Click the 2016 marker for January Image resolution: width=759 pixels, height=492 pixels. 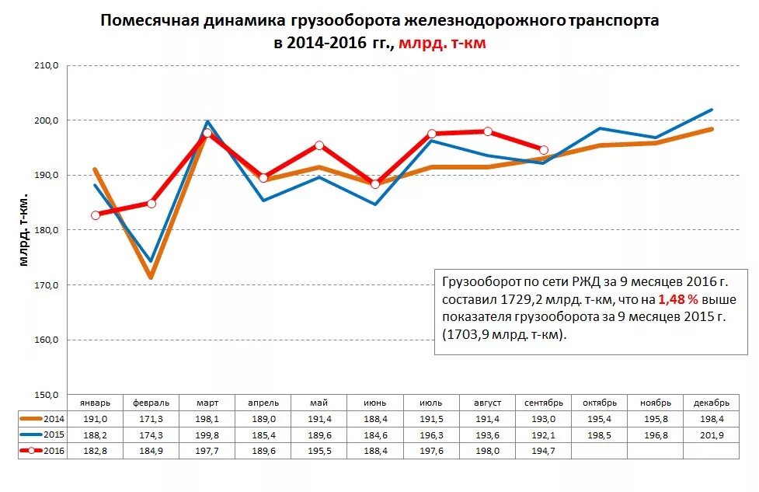(96, 215)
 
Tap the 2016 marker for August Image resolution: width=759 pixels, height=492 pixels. (488, 131)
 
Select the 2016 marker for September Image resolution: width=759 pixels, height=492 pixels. (544, 150)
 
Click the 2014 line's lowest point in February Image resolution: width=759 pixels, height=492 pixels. (151, 277)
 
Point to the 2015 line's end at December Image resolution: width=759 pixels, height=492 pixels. (712, 110)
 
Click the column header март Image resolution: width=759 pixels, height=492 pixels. (207, 403)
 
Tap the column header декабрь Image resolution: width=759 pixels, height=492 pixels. (712, 403)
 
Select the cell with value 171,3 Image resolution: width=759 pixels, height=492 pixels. (151, 419)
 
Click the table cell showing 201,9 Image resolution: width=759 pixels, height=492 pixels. (712, 434)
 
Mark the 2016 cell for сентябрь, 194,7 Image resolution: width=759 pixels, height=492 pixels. (544, 451)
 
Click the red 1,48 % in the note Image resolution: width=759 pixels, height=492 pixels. (677, 298)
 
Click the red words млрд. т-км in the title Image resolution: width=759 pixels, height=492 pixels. (443, 44)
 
